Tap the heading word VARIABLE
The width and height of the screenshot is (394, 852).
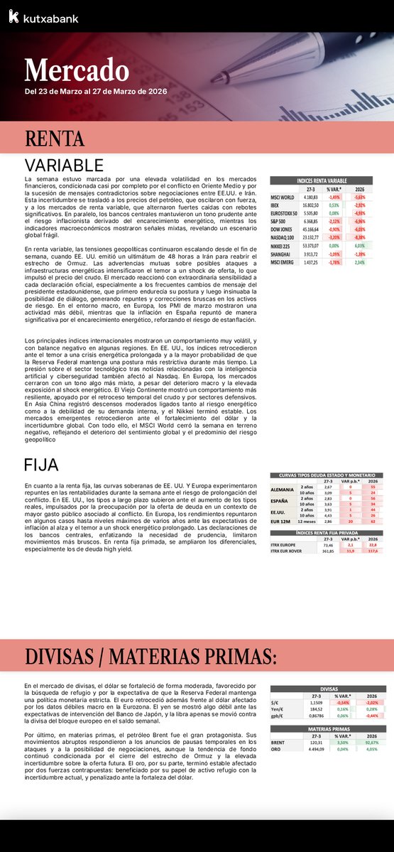pos(64,165)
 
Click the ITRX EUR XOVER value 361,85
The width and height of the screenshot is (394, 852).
pos(328,551)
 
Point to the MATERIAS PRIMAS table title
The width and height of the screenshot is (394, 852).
pos(327,729)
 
